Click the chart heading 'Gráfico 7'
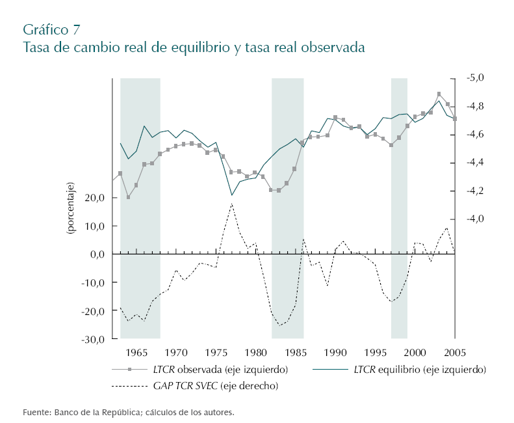pyautogui.click(x=52, y=29)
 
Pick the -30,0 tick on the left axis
pyautogui.click(x=93, y=339)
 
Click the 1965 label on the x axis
pyautogui.click(x=136, y=353)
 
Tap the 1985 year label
pyautogui.click(x=296, y=353)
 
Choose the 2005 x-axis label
pyautogui.click(x=455, y=353)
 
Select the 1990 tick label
pyautogui.click(x=335, y=353)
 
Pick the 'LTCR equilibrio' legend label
pyautogui.click(x=420, y=370)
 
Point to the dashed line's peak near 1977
pyautogui.click(x=232, y=204)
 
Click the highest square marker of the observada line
pyautogui.click(x=439, y=94)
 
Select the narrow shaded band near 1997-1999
pyautogui.click(x=399, y=208)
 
